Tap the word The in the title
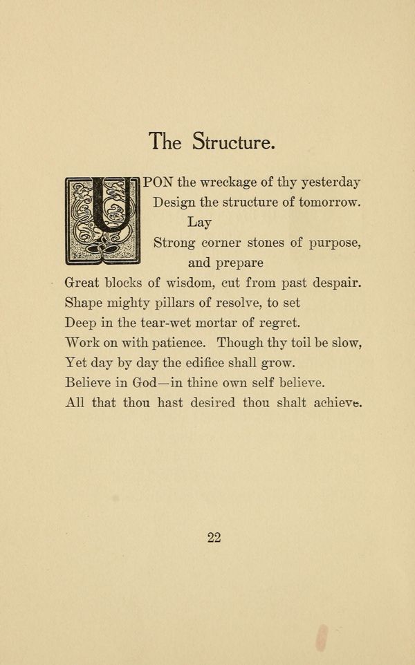[x=165, y=141]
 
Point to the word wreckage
[x=232, y=183]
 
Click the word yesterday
[x=326, y=183]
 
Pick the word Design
[x=174, y=203]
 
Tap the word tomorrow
[x=325, y=203]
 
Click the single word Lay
[x=199, y=223]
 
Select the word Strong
[x=175, y=243]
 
